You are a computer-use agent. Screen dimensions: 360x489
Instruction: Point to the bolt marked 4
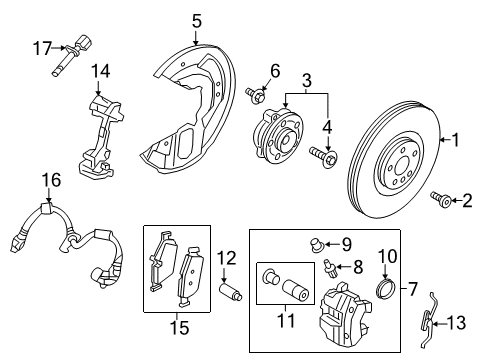[x=320, y=154]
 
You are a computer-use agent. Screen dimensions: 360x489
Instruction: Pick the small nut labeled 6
[x=256, y=96]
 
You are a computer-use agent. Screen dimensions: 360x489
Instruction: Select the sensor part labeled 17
[x=75, y=48]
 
